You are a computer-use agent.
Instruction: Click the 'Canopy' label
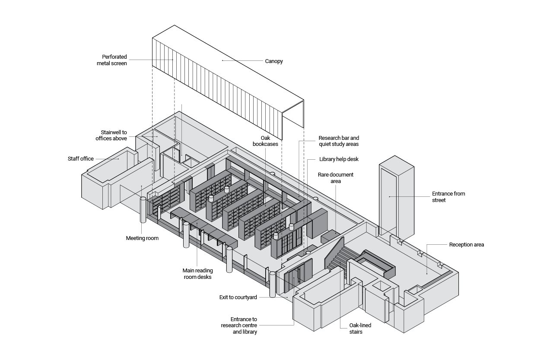coord(274,61)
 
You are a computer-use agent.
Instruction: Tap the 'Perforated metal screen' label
coord(112,60)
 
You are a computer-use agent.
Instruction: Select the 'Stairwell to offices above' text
coord(111,136)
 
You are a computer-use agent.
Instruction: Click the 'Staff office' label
coord(80,159)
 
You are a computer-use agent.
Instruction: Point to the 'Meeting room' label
coord(142,238)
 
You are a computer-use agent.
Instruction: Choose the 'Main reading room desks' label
coord(198,274)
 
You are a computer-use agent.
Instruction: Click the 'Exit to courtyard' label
coord(238,297)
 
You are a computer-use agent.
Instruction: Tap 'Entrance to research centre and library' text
coord(239,325)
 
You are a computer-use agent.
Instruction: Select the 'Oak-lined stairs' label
coord(360,328)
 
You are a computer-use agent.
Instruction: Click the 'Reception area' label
coord(467,245)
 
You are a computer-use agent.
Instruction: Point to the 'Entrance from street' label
coord(448,197)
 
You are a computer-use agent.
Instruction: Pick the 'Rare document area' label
coord(336,178)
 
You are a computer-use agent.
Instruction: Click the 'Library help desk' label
coord(339,159)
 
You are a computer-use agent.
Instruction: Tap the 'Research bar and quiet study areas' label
coord(339,141)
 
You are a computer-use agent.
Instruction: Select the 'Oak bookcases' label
coord(265,141)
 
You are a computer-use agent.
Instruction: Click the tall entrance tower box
coord(397,196)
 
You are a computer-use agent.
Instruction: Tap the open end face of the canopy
coord(293,114)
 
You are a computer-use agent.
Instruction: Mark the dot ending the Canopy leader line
coord(222,60)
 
